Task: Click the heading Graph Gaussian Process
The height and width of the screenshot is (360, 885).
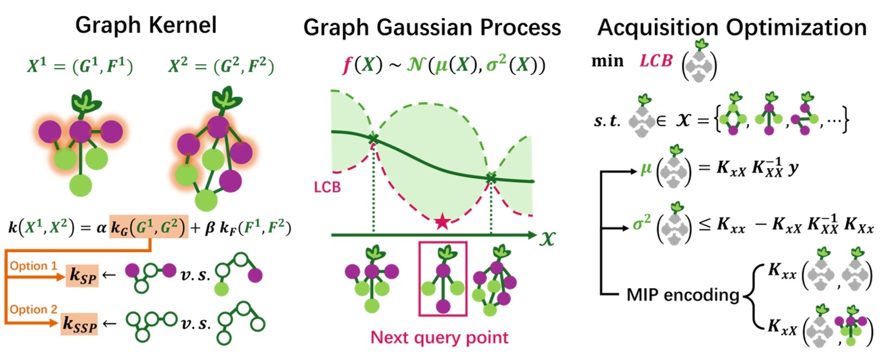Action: (432, 27)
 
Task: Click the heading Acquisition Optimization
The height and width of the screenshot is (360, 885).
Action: (732, 27)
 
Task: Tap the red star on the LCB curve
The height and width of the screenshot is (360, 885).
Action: (441, 222)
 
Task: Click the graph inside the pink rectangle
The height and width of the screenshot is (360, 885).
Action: (442, 281)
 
